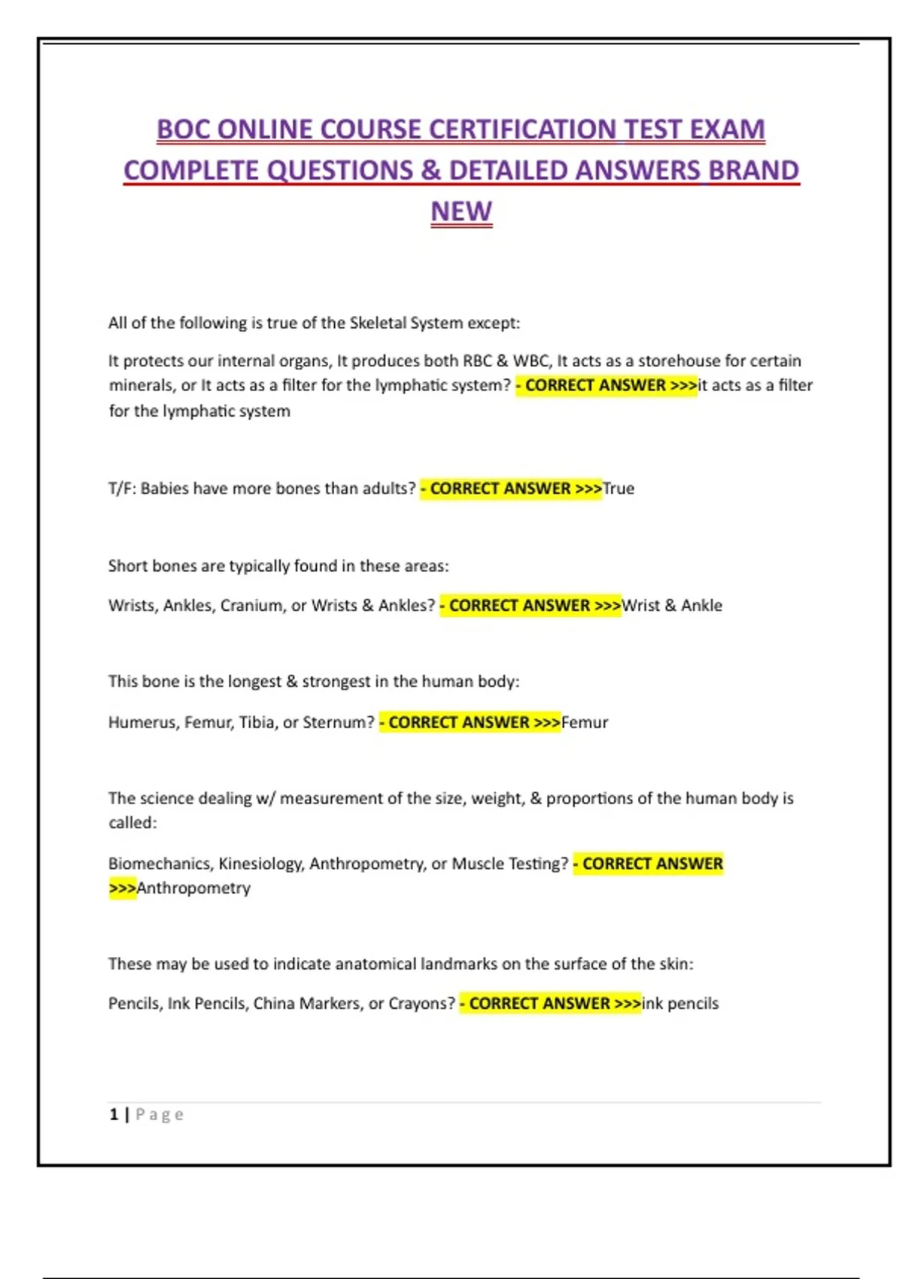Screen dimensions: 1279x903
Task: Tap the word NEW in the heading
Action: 461,211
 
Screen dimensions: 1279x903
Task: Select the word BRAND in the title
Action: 753,171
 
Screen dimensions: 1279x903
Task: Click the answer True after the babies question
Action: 619,489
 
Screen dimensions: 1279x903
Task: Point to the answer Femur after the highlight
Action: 585,722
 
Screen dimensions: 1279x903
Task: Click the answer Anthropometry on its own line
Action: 193,889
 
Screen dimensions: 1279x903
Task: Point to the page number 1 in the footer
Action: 114,1114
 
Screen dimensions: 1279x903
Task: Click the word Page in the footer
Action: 160,1114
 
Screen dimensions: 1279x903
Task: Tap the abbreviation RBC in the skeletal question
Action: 477,361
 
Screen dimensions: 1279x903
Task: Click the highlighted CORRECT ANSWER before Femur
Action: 470,722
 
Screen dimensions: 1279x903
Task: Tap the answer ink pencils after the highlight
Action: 680,1004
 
